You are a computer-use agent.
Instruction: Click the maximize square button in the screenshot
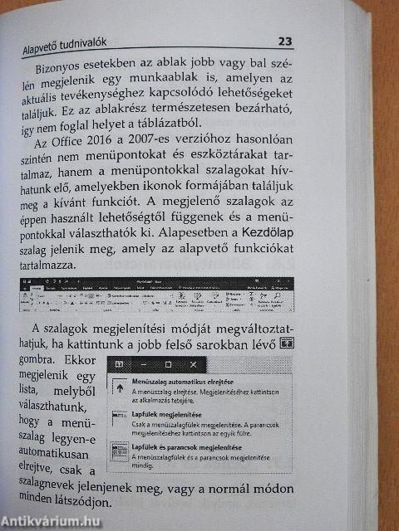(x=170, y=365)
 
